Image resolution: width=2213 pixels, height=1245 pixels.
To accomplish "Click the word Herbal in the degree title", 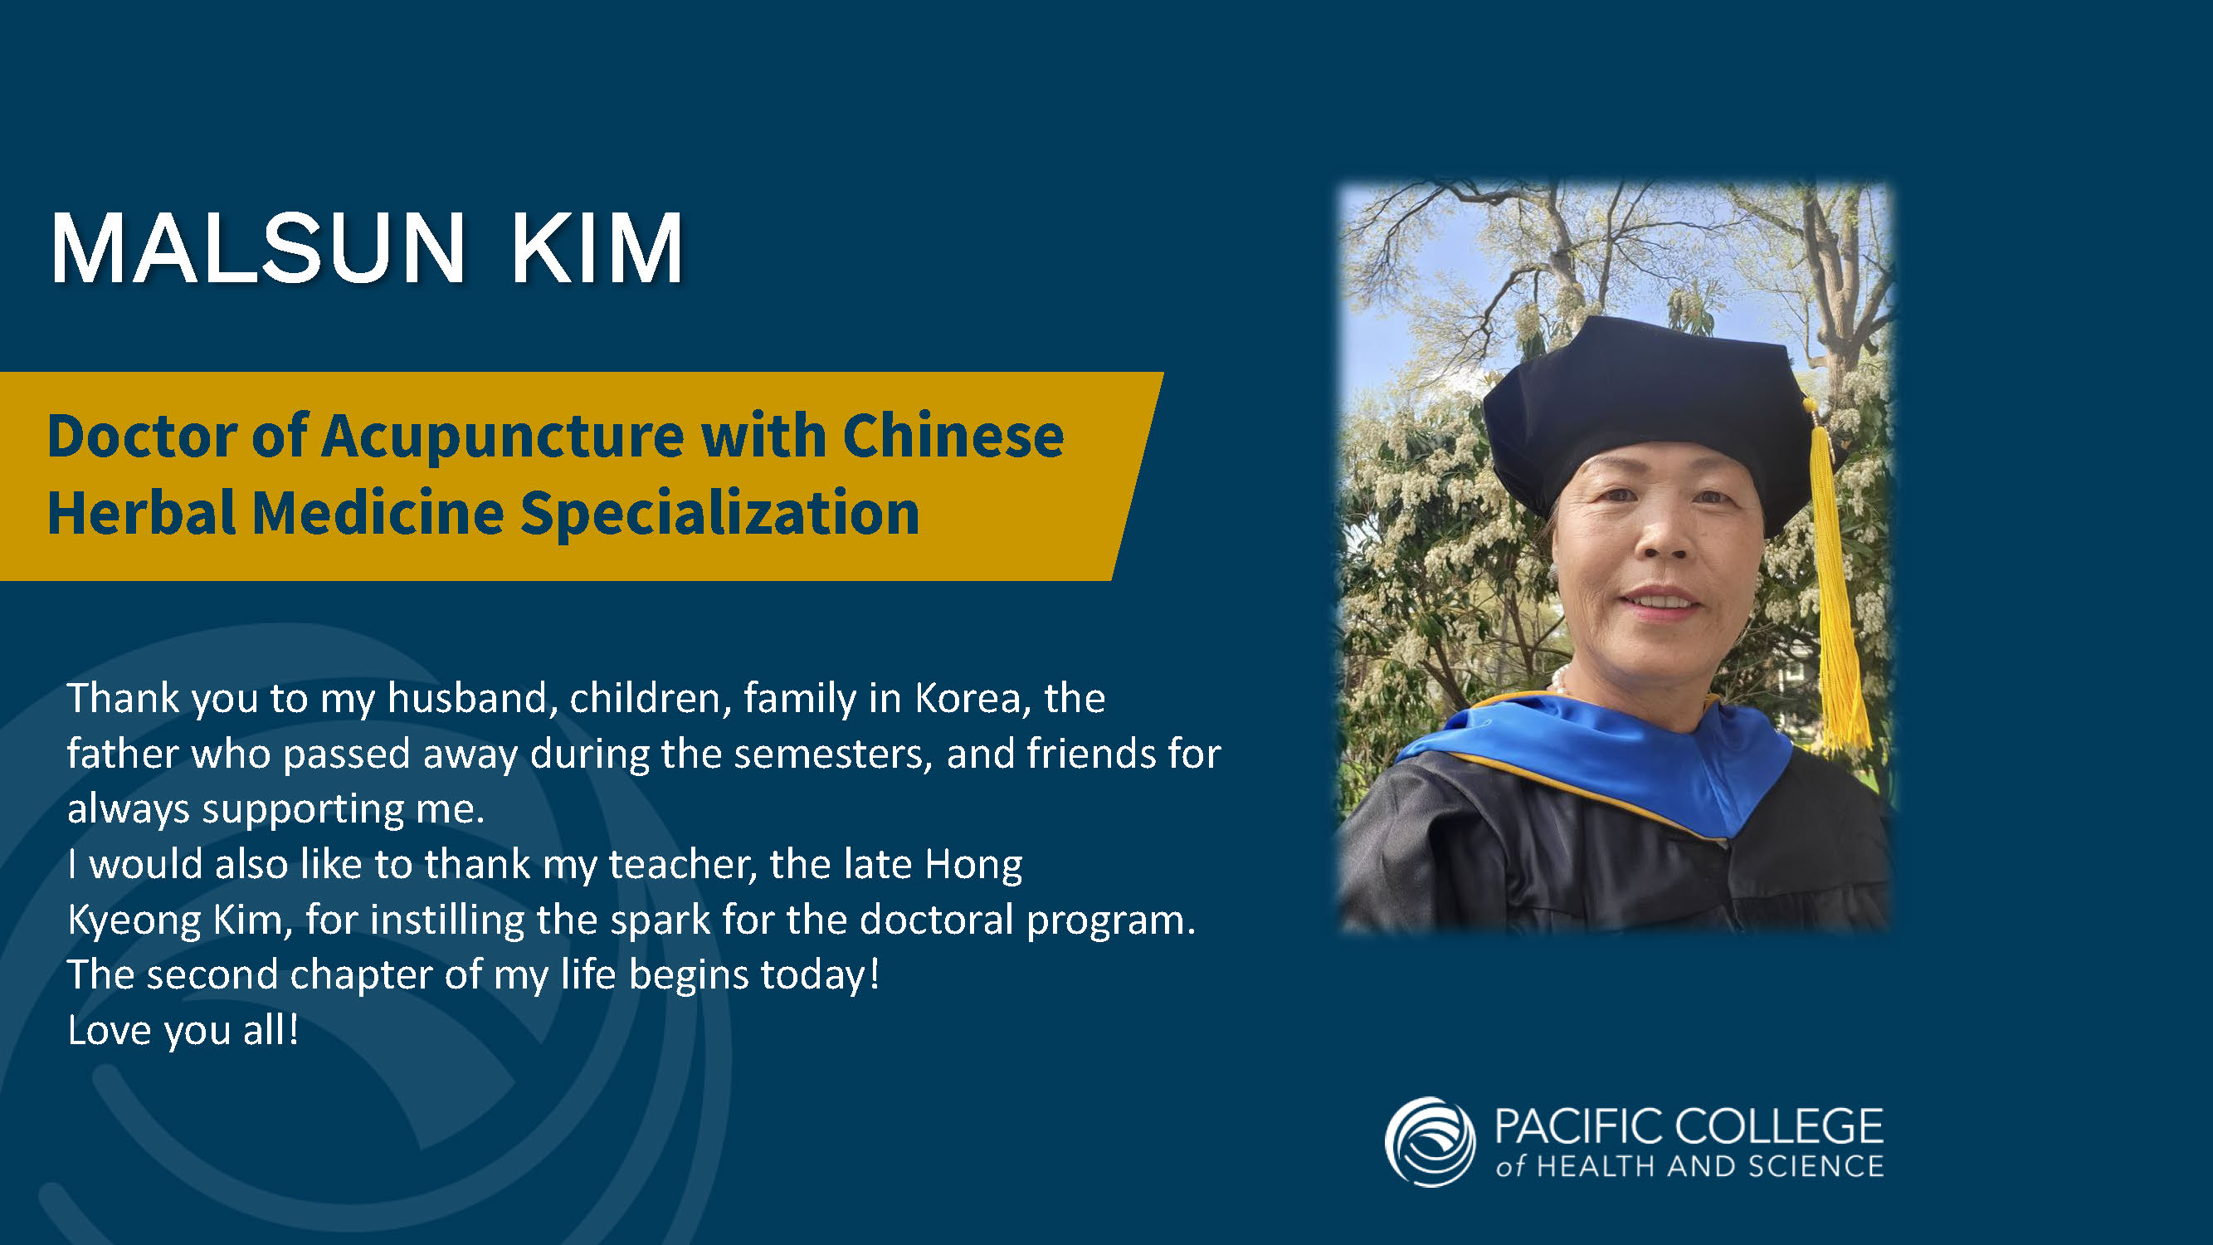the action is click(141, 513).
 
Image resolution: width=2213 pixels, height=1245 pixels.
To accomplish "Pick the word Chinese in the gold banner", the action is click(953, 436).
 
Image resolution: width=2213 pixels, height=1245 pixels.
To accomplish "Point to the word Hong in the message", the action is click(973, 865).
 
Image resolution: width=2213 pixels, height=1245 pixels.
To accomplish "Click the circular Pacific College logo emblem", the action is click(1430, 1141).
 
